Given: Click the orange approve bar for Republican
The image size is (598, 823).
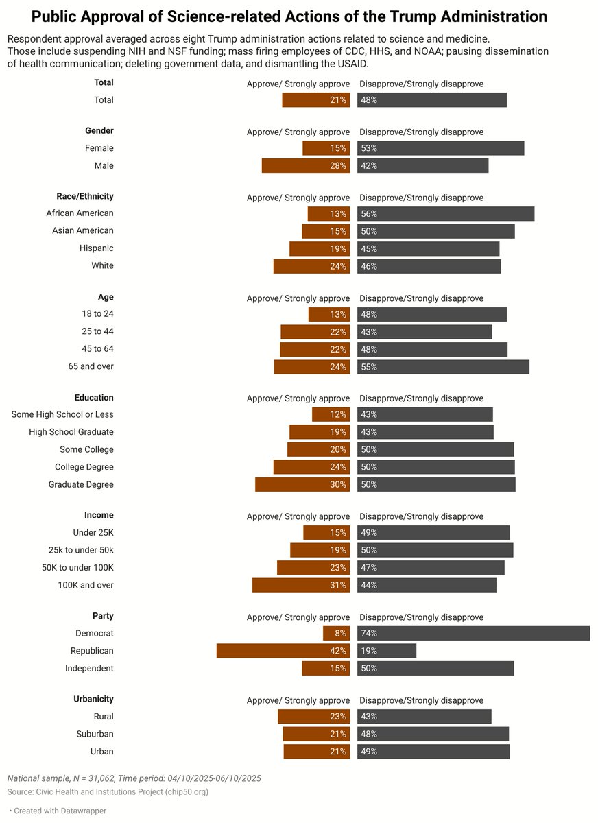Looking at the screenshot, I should click(x=283, y=651).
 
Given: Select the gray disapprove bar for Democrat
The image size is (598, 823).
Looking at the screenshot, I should click(x=473, y=634).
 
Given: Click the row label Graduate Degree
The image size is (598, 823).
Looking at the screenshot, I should click(x=81, y=484).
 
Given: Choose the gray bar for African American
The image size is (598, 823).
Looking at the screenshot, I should click(x=446, y=214).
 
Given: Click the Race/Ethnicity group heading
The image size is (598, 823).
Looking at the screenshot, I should click(x=85, y=196).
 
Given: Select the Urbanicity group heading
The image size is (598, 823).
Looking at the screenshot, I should click(x=93, y=699).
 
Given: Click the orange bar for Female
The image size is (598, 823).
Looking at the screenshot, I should click(x=326, y=148).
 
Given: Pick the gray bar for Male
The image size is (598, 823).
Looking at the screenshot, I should click(x=422, y=165).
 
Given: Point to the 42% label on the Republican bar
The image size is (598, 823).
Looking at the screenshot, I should click(x=338, y=651).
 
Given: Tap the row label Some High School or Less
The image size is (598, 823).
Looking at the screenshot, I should click(x=62, y=414).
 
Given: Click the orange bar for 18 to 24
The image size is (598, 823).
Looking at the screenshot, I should click(x=328, y=314).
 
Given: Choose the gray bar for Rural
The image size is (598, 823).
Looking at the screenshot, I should click(x=424, y=717).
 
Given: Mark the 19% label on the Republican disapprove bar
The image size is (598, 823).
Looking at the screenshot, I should click(x=368, y=651).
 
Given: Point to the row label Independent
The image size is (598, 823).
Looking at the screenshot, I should click(x=89, y=668).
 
